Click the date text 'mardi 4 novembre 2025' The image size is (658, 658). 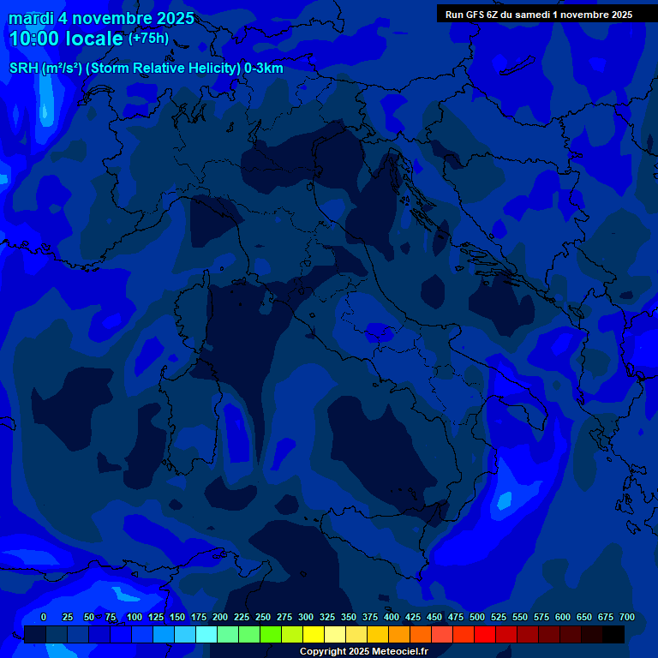point(101,18)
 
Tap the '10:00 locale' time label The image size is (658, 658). point(66,39)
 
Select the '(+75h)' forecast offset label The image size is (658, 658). point(148,39)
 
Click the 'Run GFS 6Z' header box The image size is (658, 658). point(539,15)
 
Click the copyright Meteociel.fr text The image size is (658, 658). point(363,651)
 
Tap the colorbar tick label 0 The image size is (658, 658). point(44,617)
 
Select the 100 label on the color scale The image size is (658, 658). point(135,617)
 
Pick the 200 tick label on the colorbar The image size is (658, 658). point(220,617)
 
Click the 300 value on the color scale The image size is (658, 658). point(306,617)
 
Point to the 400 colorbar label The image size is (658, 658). point(392,617)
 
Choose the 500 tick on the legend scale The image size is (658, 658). point(477,617)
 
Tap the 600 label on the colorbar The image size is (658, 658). point(563,617)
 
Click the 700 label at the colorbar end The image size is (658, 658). point(627,617)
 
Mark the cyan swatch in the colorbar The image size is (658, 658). point(206,635)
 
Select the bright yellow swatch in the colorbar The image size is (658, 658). point(314,635)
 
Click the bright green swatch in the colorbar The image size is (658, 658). point(271,635)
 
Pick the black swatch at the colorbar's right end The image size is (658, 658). point(613,635)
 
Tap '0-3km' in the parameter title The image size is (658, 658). point(264,69)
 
